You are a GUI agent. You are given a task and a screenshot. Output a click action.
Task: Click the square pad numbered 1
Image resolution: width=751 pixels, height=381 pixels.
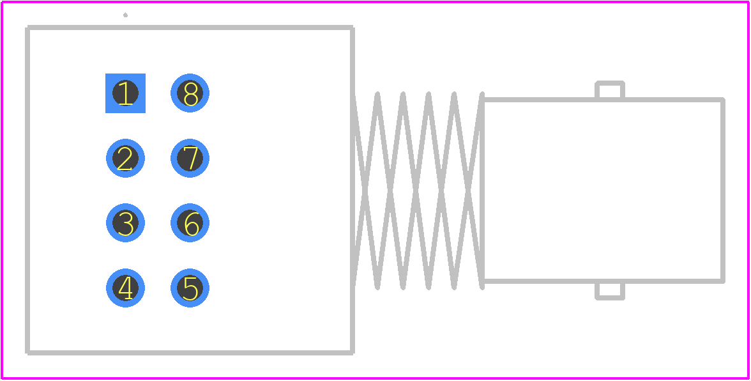coord(125,93)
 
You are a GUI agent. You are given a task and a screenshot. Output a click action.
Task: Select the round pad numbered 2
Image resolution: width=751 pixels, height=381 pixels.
coord(125,158)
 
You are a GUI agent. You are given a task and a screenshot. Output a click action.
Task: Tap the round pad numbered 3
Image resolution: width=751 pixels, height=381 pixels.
coord(125,223)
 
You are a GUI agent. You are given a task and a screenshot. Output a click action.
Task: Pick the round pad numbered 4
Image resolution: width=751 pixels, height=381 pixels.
coord(125,288)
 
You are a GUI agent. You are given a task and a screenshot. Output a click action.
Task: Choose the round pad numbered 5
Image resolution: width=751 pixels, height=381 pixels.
coord(190,288)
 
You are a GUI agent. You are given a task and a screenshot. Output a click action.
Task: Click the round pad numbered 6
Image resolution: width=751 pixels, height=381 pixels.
coord(190,223)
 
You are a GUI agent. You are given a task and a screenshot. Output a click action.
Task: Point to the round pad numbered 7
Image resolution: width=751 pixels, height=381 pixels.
coord(190,158)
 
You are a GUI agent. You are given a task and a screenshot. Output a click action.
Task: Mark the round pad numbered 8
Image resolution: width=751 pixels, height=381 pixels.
coord(190,93)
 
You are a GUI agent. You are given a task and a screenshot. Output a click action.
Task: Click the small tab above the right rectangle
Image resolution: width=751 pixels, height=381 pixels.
coord(610,89)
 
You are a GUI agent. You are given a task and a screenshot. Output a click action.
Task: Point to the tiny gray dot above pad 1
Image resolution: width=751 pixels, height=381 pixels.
coord(125,15)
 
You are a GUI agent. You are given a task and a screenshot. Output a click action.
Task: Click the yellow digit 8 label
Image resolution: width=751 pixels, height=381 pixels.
coord(190,94)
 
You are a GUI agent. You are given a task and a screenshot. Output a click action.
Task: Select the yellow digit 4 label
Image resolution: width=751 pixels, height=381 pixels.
coord(125,288)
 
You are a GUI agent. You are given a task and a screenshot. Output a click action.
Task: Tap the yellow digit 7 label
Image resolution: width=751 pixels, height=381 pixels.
coord(190,159)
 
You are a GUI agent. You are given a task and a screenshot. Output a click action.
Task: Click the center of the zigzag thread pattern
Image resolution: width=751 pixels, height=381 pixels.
coord(418,190)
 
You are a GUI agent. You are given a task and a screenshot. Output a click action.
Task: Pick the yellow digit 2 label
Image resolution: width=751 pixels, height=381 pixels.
coord(125,159)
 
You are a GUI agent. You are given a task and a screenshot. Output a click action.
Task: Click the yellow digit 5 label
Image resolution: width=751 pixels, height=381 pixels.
coord(190,288)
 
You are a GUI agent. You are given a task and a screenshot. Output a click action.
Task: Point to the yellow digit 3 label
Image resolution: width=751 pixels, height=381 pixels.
coord(125,224)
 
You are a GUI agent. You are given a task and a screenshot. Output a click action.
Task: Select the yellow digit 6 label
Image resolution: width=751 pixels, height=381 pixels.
coord(192,224)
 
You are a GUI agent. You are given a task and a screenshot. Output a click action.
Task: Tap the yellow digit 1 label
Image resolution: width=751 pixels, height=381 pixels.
coord(125,94)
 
